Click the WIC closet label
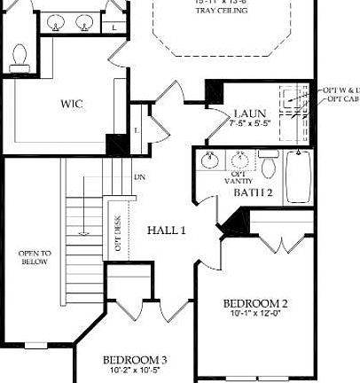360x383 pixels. pyautogui.click(x=72, y=105)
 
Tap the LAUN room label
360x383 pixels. pyautogui.click(x=245, y=113)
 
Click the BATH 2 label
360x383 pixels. pyautogui.click(x=253, y=191)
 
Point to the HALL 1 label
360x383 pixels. pyautogui.click(x=166, y=231)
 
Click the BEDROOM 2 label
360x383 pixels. pyautogui.click(x=255, y=302)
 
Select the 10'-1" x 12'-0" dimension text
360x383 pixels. pyautogui.click(x=255, y=313)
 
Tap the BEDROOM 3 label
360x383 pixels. pyautogui.click(x=136, y=360)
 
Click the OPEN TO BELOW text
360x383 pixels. pyautogui.click(x=35, y=258)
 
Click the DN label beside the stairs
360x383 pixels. pyautogui.click(x=140, y=177)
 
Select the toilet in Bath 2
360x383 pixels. pyautogui.click(x=269, y=166)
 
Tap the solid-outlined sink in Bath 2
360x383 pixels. pyautogui.click(x=210, y=160)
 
